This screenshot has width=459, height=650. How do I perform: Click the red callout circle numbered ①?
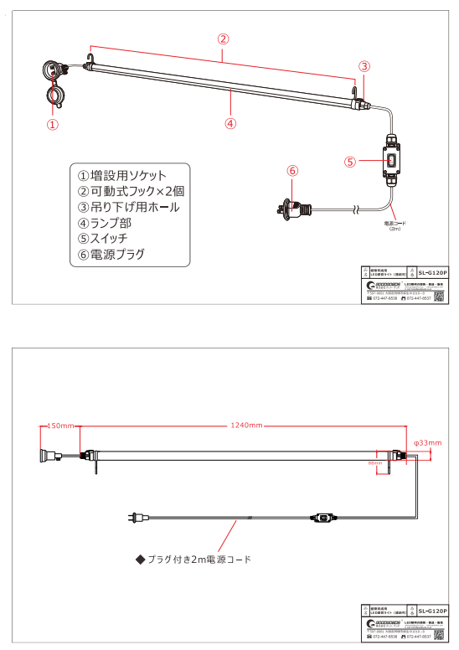[52, 125]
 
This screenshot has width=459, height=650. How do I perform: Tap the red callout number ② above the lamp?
[224, 39]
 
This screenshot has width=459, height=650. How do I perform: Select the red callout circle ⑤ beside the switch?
[351, 161]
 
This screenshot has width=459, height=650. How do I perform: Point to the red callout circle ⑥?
[292, 171]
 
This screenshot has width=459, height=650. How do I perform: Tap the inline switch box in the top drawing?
[392, 158]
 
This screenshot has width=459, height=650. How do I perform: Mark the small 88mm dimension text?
[374, 462]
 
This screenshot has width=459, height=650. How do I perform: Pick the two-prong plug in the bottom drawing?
[134, 520]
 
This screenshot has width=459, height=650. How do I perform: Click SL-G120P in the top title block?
[432, 273]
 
